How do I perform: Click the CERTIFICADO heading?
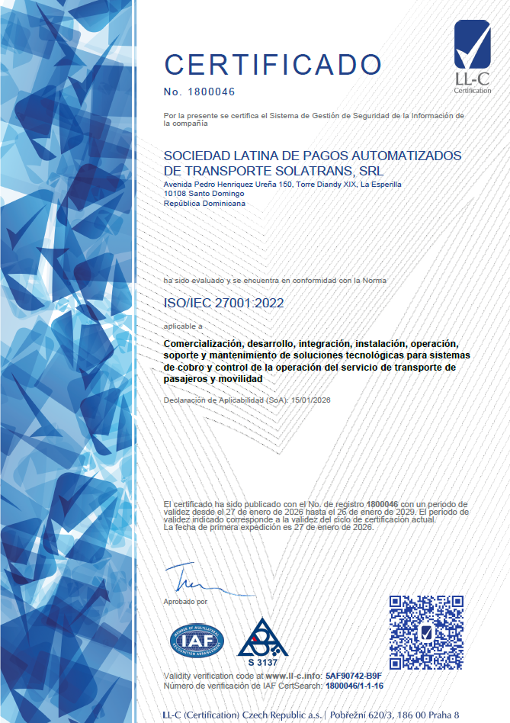272,64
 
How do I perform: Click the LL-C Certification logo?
473,57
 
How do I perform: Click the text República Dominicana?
205,204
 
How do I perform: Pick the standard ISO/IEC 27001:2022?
224,303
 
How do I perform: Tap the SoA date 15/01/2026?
310,400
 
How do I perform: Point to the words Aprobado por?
185,602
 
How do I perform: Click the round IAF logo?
197,641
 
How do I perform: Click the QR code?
426,632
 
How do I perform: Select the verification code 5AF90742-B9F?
353,676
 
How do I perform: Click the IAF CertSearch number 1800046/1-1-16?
354,686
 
